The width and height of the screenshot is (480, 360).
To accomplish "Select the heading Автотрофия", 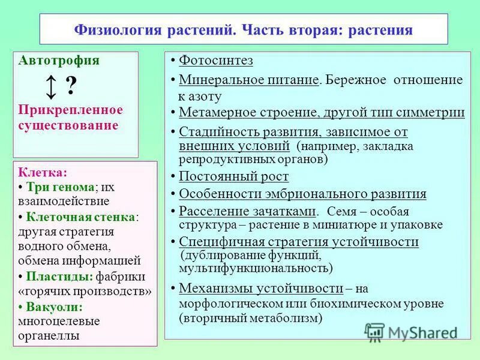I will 59,61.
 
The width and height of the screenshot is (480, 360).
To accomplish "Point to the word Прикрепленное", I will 71,110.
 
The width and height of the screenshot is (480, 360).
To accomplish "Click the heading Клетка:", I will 43,172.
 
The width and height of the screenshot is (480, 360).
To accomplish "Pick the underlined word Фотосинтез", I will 217,61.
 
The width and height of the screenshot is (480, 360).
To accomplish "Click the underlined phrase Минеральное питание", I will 248,80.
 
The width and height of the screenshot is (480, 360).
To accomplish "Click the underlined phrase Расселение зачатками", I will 247,211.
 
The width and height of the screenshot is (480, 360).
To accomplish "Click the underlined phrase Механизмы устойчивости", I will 261,287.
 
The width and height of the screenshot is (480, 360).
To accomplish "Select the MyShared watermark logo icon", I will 374,332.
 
